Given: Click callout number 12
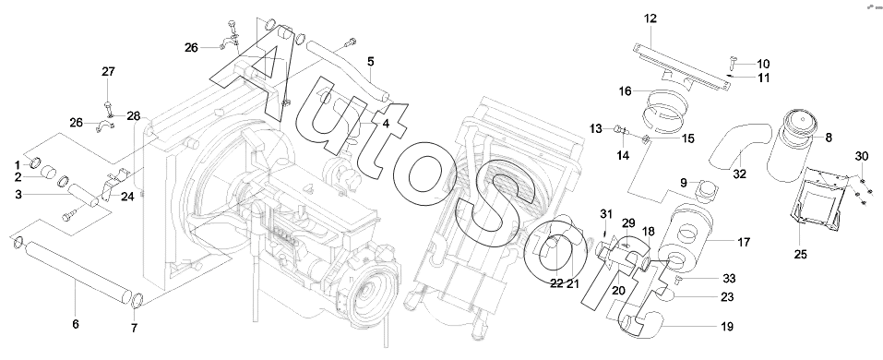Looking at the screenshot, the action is coord(650,18).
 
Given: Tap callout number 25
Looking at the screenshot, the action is coord(800,255).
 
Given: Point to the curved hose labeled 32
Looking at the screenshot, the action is coord(738,147).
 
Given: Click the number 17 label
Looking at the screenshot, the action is coord(744,242).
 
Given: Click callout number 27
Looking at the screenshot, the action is coord(108,72).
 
